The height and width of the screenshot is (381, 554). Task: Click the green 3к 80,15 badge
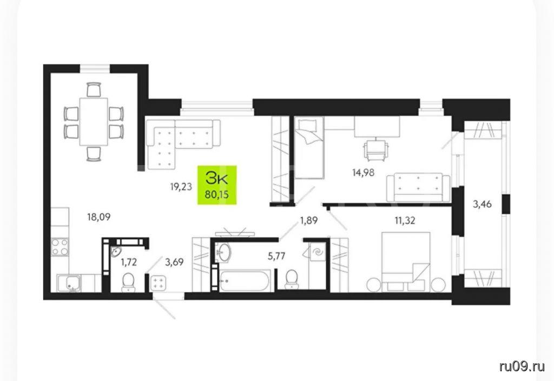pos(216,185)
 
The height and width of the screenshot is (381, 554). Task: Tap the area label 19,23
pos(181,187)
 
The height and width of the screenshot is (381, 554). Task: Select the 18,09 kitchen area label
pos(99,217)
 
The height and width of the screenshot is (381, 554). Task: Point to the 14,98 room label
pos(363,173)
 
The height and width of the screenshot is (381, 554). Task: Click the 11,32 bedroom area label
pos(405,221)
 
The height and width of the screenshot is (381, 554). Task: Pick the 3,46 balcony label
pos(482,204)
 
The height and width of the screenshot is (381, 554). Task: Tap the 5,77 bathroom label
pos(276,256)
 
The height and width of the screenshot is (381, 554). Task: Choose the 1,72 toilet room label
pos(129,262)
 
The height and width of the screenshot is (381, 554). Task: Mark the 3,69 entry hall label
pos(175,262)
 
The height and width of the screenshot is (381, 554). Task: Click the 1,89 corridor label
pos(309,221)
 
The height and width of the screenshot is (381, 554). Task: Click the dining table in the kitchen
pos(94,121)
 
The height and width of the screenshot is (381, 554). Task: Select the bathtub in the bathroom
pos(244,281)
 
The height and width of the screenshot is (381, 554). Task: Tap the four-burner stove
pos(60,247)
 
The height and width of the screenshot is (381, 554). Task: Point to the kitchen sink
pos(69,283)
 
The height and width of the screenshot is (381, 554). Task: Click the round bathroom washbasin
pos(223,252)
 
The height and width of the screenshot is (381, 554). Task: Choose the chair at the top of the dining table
pos(94,89)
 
